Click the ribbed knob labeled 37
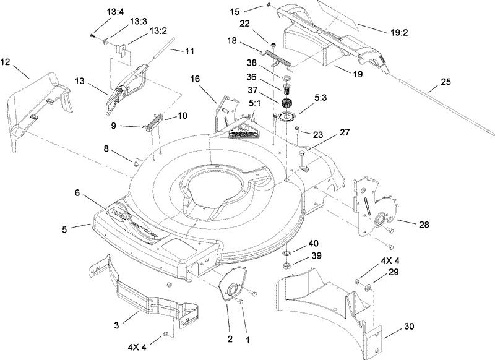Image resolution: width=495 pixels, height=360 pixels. pyautogui.click(x=286, y=105)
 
